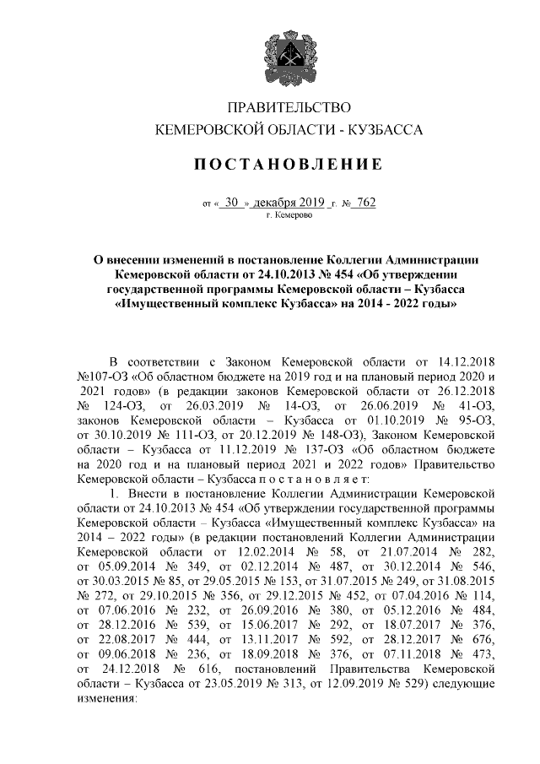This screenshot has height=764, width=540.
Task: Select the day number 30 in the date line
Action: tap(232, 203)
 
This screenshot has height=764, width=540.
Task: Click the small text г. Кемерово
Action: tap(288, 217)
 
